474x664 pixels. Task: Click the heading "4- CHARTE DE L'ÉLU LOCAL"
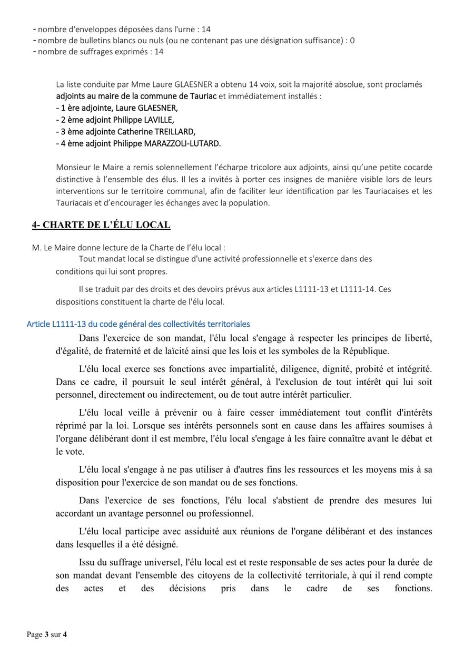point(101,225)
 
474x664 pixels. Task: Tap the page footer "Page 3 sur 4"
point(47,634)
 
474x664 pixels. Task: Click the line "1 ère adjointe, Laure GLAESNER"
point(117,108)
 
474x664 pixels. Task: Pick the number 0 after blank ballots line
point(352,41)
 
